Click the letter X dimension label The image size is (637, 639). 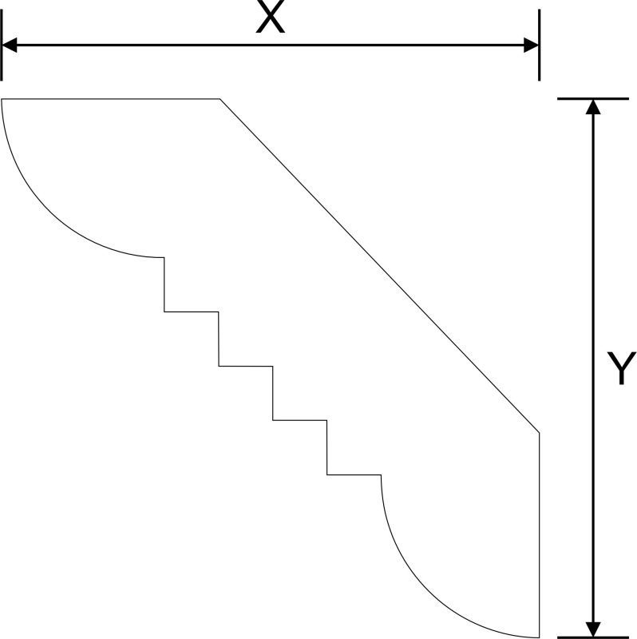pos(270,17)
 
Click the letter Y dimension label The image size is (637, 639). pos(621,368)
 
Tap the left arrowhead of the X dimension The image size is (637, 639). pos(10,45)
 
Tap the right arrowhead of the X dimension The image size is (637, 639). pos(532,45)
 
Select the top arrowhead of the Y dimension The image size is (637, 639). pos(593,107)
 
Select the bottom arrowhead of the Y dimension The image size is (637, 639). pos(593,629)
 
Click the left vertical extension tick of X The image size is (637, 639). pos(2,45)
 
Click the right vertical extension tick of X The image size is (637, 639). pos(540,45)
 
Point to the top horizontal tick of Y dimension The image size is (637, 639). pos(593,98)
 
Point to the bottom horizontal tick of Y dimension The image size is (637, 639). pos(593,637)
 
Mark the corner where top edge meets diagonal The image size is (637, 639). pos(220,98)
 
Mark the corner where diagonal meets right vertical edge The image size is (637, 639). pos(540,433)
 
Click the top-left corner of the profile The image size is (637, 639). pos(2,98)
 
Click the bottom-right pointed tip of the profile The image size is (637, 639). pos(540,637)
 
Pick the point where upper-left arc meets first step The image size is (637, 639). pos(164,257)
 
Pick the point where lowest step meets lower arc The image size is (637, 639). pos(382,474)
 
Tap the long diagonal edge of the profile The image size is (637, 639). pos(380,266)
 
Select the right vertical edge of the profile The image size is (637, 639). pos(540,535)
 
